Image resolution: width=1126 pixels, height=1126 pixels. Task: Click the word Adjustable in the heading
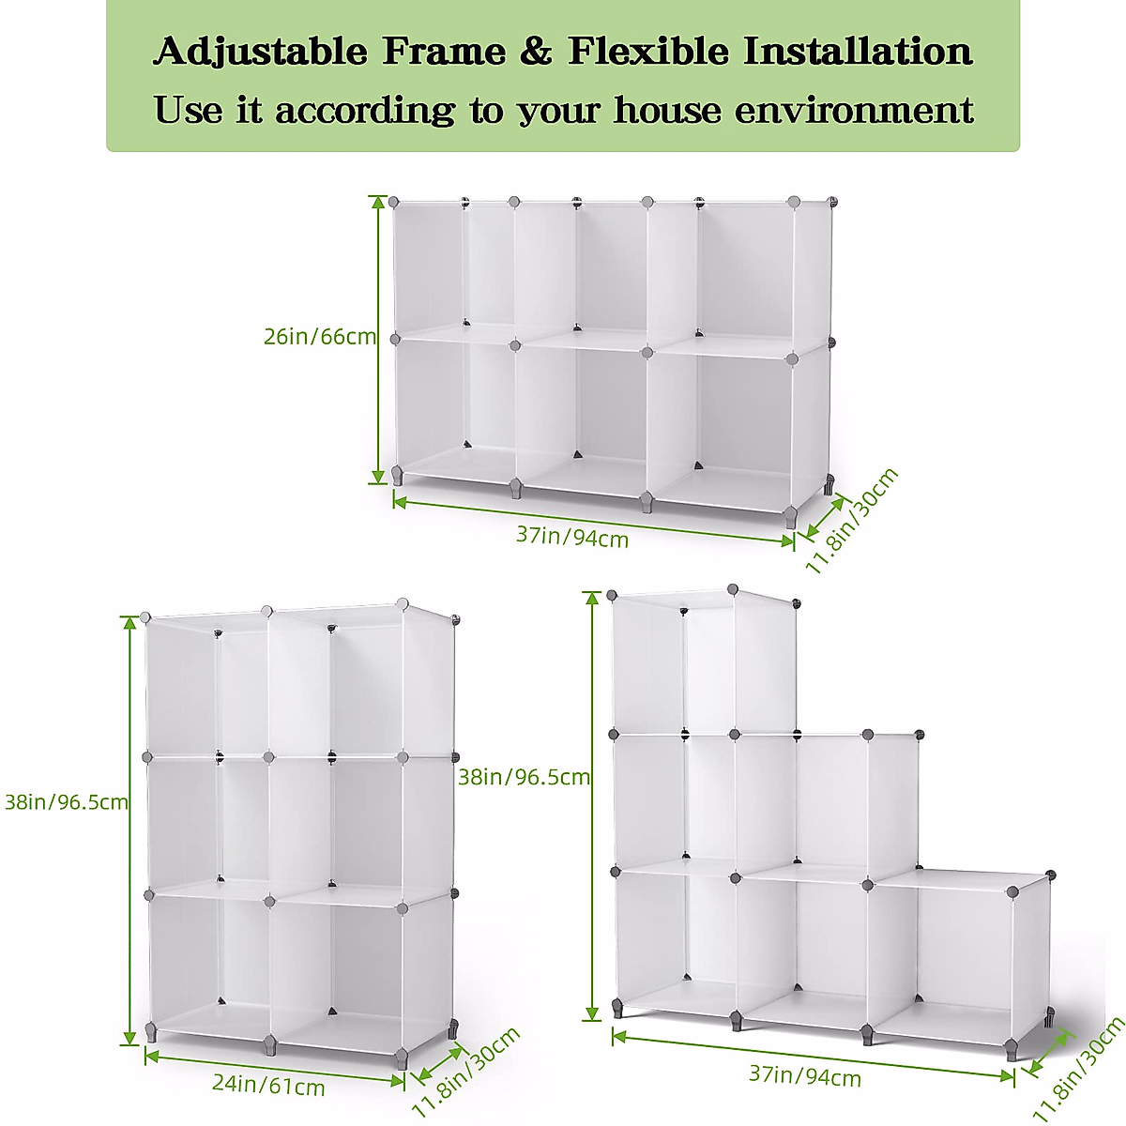pos(259,53)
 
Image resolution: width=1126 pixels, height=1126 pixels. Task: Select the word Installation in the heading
pos(858,52)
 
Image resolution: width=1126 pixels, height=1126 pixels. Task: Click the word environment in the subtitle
pos(854,111)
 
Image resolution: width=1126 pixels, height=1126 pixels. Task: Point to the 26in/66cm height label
pos(319,337)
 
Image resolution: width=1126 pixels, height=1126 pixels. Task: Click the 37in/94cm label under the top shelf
pos(572,537)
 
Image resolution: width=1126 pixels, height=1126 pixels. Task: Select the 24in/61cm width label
pos(268,1085)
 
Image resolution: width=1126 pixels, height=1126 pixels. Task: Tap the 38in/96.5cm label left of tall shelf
pos(66,802)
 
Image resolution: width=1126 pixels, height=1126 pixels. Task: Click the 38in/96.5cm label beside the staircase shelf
pos(524,777)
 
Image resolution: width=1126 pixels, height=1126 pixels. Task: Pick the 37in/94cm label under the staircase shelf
pos(805,1075)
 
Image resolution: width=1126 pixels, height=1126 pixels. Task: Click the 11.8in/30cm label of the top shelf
pos(852,521)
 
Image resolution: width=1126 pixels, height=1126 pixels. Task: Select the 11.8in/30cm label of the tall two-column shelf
pos(466,1072)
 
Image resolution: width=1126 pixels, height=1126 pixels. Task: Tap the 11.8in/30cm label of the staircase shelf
pos(1079,1070)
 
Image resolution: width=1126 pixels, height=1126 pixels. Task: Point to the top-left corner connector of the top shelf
pos(394,203)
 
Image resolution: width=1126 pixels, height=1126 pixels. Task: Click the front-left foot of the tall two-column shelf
pos(151,1033)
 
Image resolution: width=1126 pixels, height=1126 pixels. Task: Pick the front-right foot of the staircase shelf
pos(1012,1050)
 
